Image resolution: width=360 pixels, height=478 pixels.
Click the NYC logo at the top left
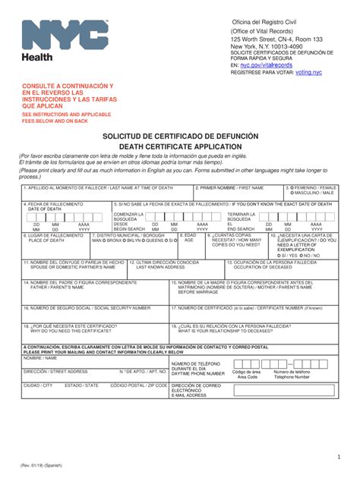click(65, 38)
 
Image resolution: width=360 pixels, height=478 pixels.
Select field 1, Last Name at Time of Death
click(106, 194)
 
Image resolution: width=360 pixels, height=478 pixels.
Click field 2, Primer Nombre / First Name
click(237, 194)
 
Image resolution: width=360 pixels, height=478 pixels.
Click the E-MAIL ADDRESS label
click(190, 395)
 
